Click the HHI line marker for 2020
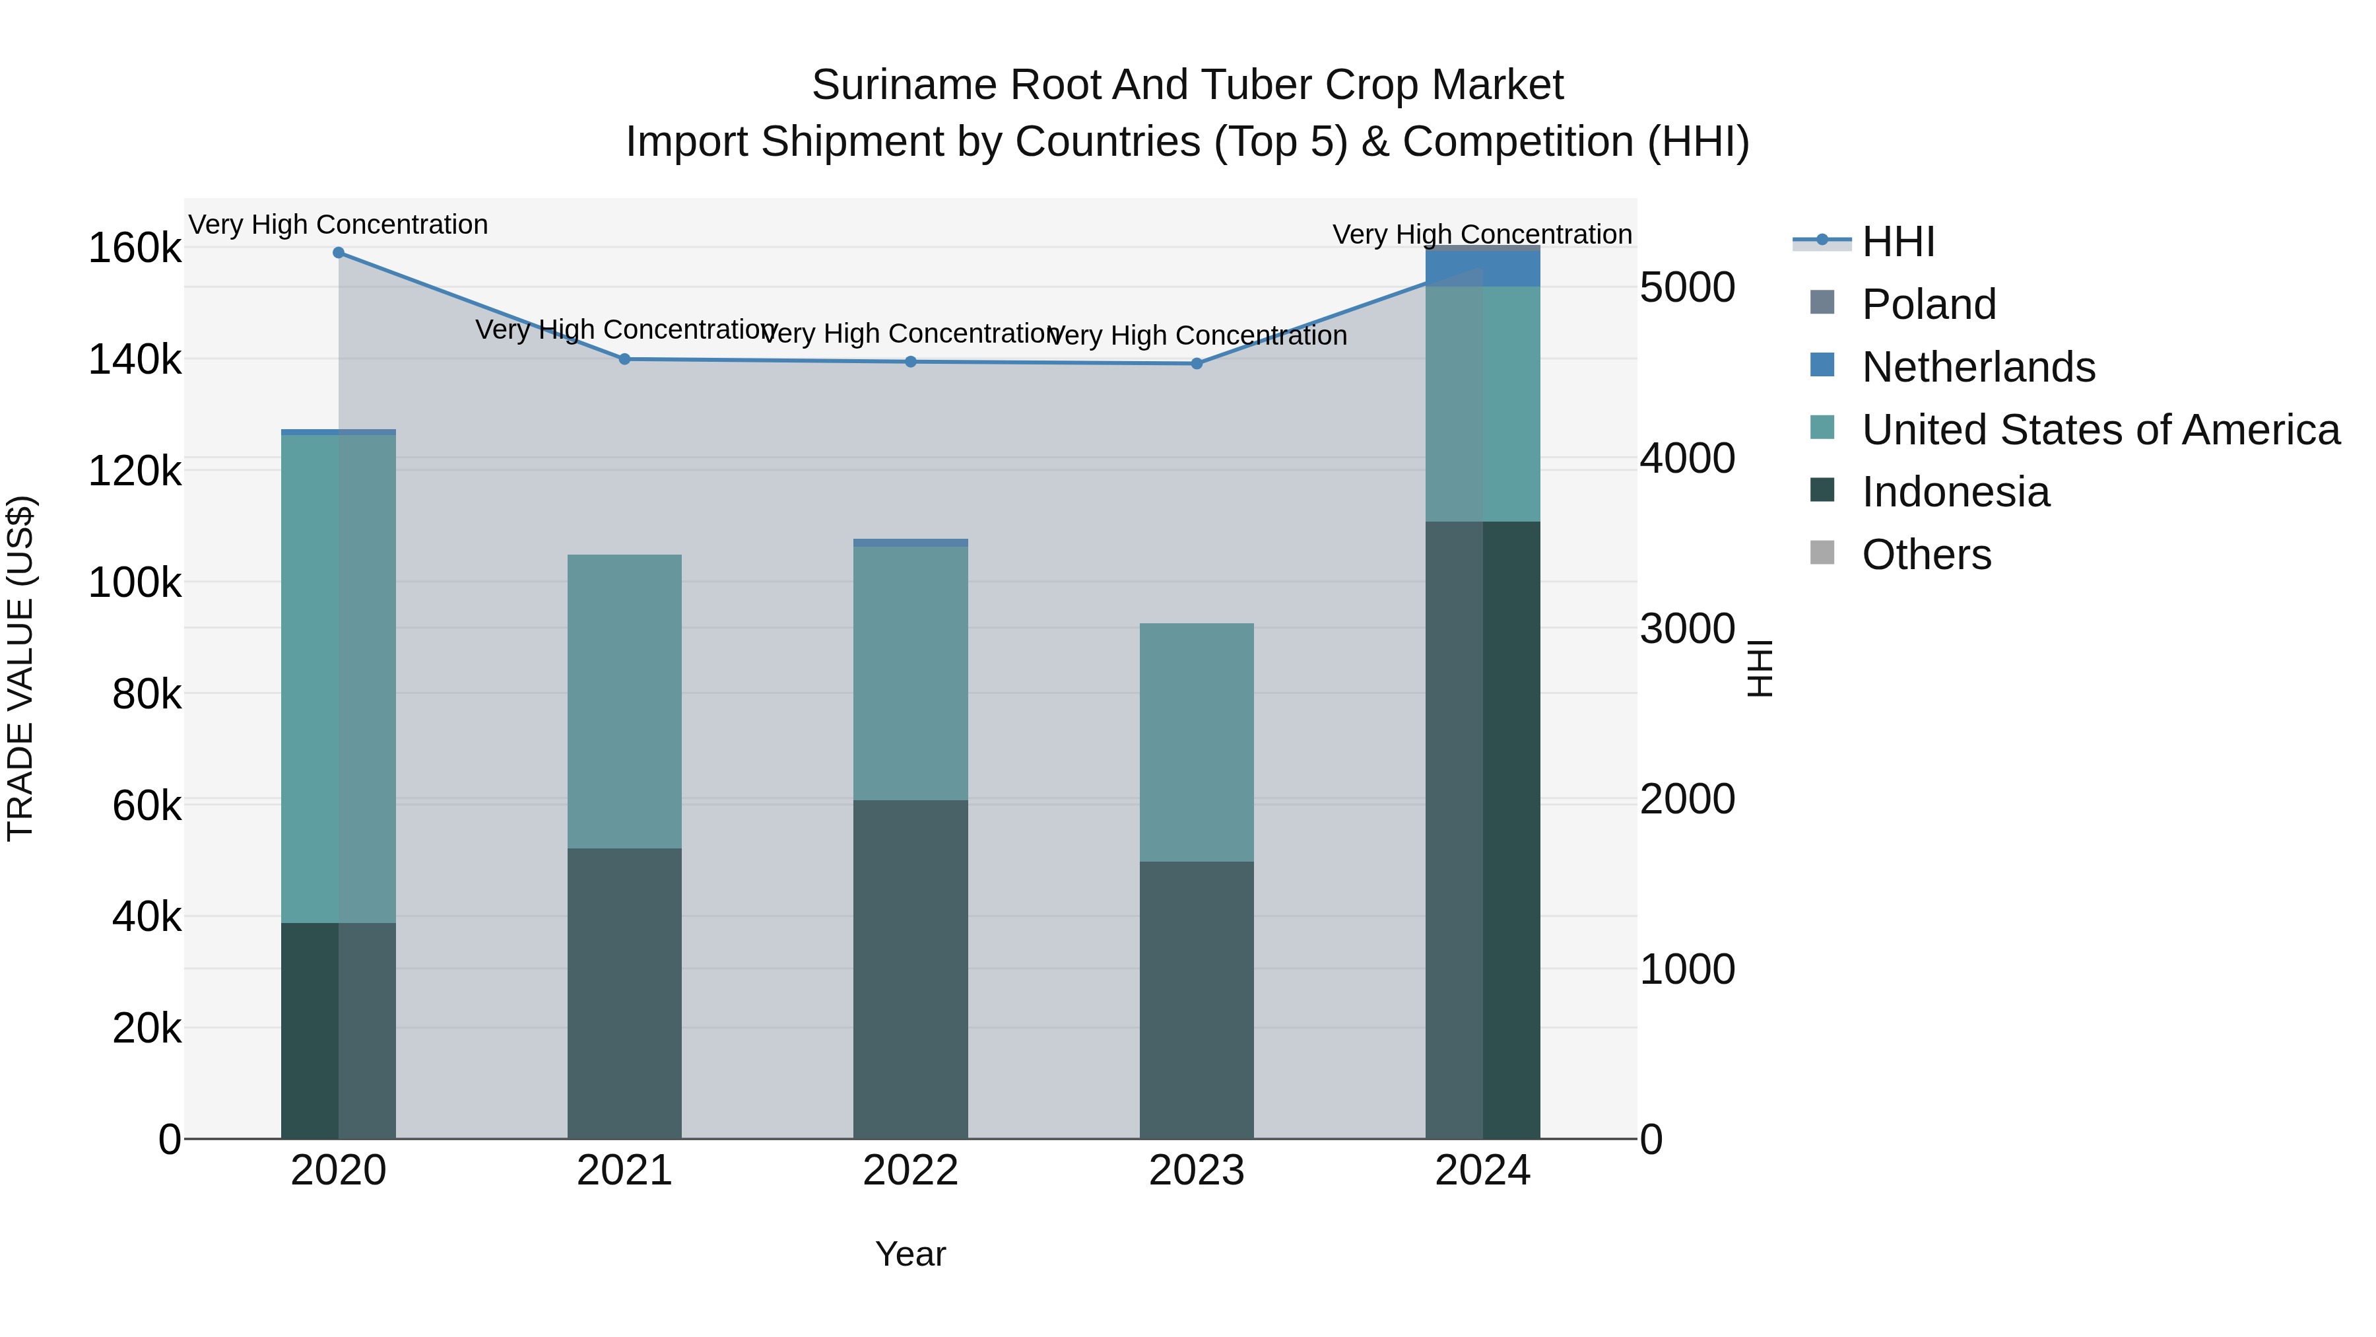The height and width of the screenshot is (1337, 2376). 339,253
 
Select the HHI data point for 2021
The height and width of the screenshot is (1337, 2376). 624,359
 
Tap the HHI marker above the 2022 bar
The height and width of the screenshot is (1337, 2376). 910,362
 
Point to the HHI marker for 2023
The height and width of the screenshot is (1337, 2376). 1197,364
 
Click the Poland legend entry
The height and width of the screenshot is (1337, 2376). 1929,304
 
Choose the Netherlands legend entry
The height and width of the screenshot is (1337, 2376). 1979,367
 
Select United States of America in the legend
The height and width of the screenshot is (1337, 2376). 2100,430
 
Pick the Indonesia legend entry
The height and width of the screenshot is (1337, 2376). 1956,492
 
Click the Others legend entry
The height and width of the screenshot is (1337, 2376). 1926,555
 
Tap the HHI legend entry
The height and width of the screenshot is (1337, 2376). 1898,242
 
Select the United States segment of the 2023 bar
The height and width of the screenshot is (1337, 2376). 1197,743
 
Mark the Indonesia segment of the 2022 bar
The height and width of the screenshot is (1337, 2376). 910,969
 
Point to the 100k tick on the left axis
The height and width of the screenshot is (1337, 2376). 135,583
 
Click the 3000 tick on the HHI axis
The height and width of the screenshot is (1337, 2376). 1687,629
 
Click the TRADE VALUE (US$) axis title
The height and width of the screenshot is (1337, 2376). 20,668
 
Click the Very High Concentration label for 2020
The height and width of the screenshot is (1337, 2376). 339,225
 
